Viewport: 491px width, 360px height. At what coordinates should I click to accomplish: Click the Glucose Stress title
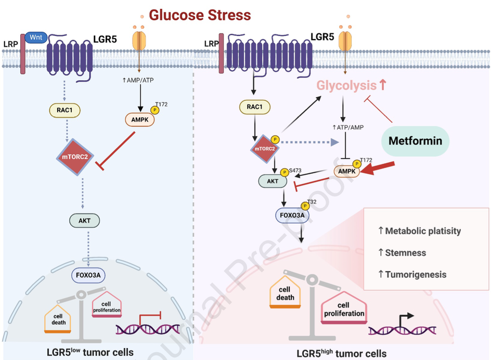pyautogui.click(x=200, y=15)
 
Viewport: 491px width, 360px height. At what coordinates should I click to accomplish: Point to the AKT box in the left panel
pyautogui.click(x=84, y=221)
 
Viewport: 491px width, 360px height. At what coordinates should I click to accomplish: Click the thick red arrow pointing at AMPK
pyautogui.click(x=379, y=169)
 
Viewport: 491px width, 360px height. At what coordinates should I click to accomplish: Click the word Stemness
pyautogui.click(x=405, y=253)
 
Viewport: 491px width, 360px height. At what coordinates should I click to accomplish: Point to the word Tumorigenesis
pyautogui.click(x=415, y=274)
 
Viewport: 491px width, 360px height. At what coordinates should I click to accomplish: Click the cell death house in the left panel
pyautogui.click(x=59, y=318)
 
